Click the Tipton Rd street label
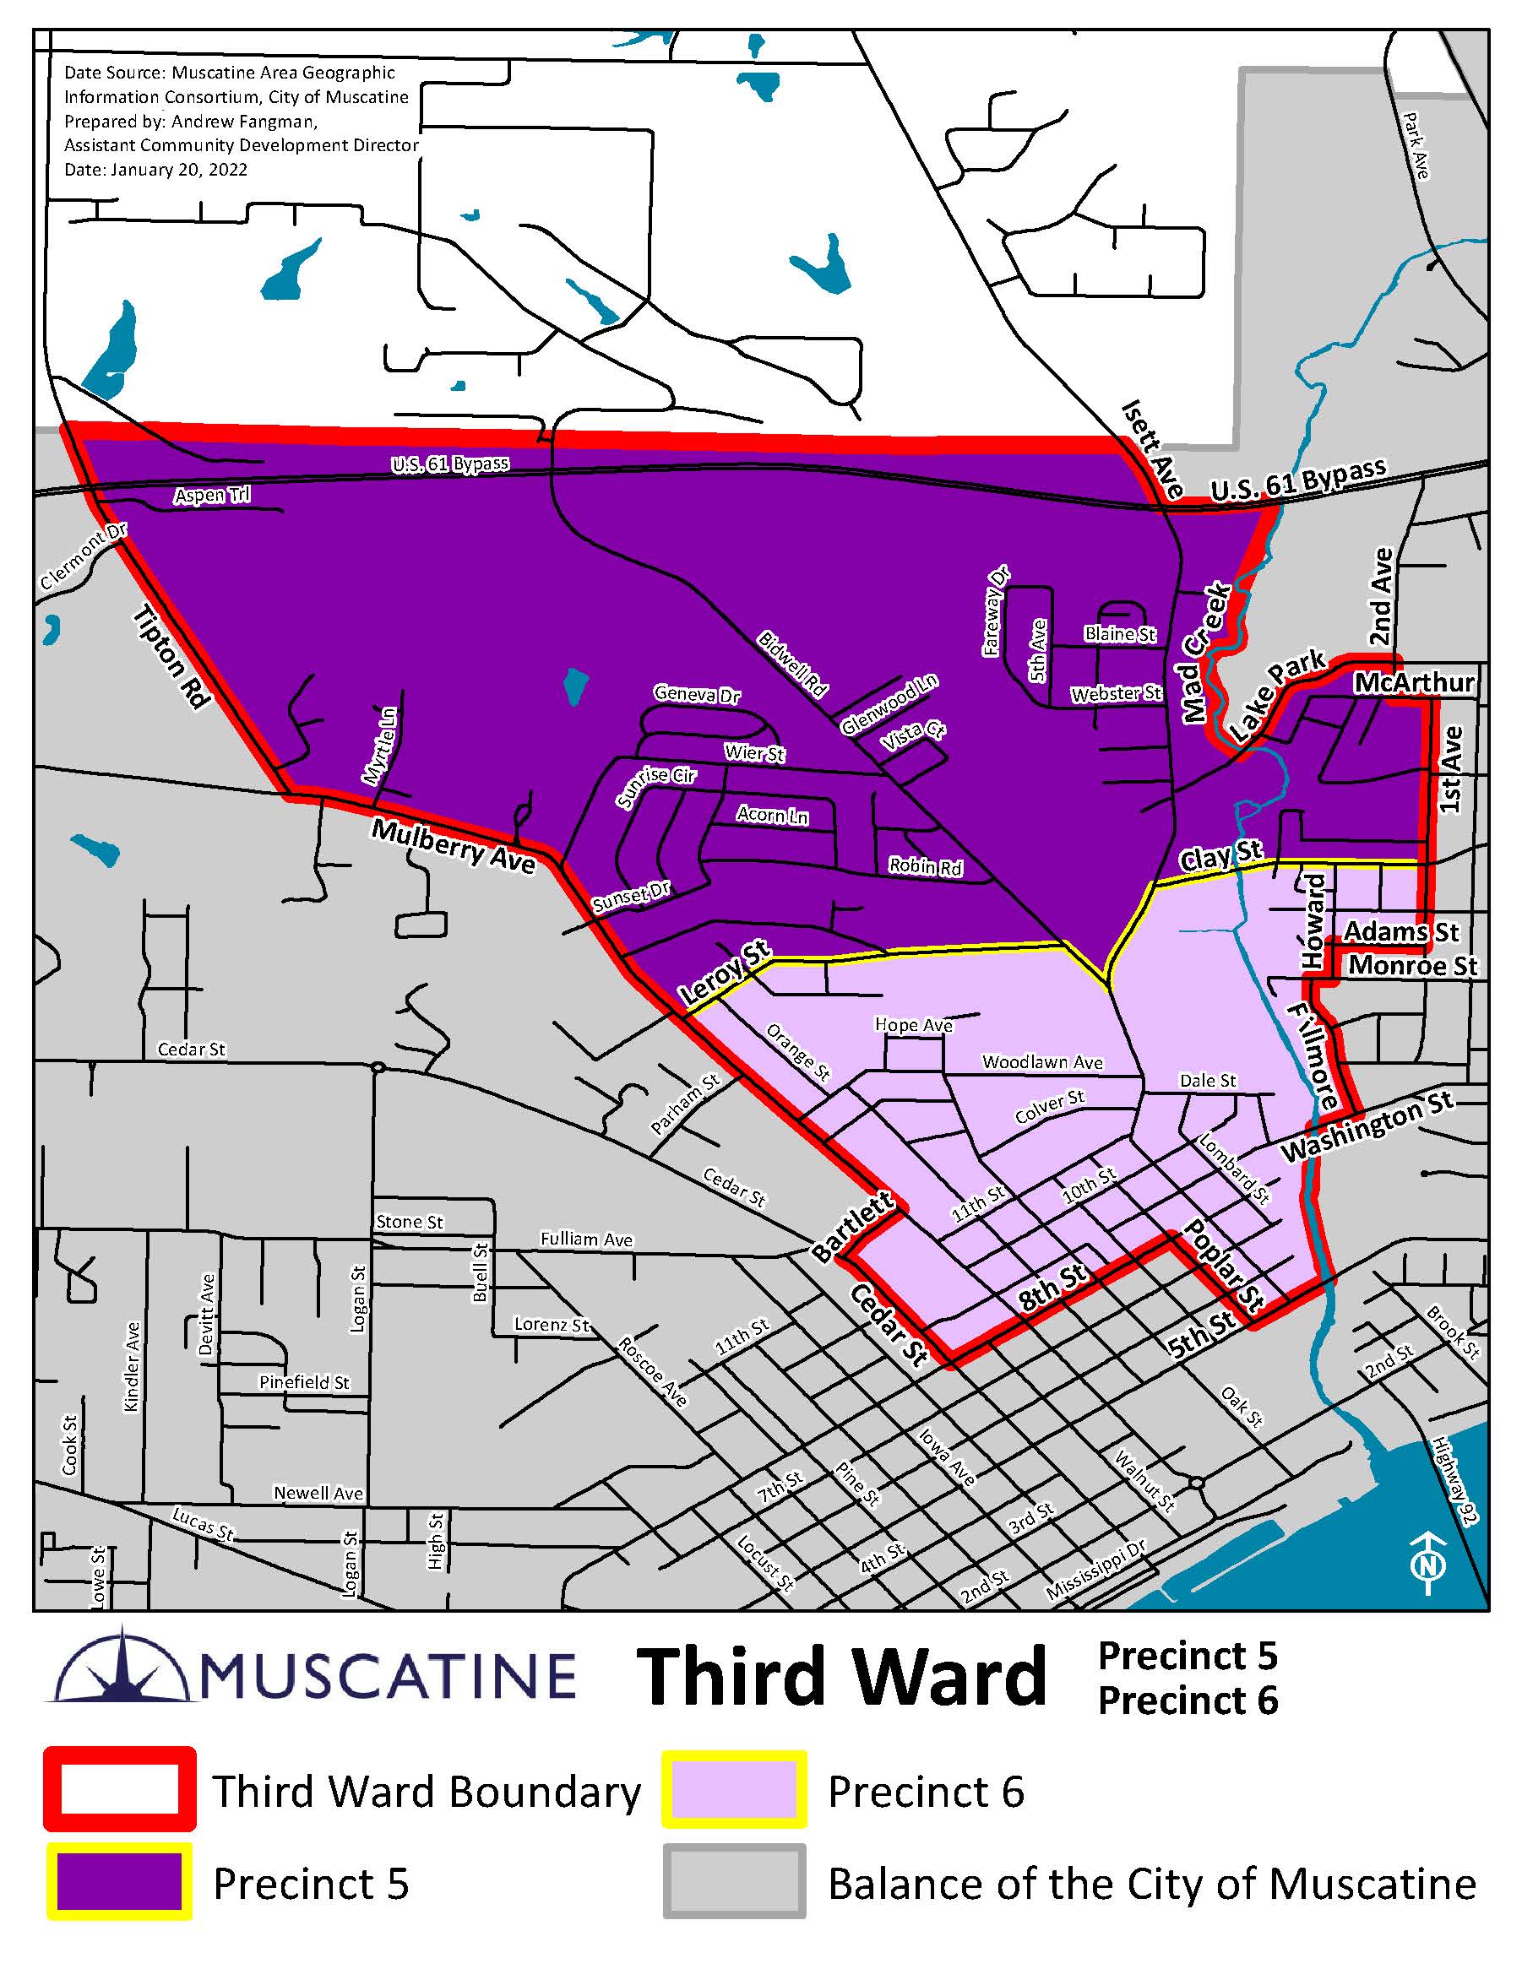172,657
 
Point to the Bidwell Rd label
791,664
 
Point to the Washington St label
1367,1126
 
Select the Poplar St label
1224,1265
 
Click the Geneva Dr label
697,694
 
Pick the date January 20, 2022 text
155,170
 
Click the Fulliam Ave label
586,1239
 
